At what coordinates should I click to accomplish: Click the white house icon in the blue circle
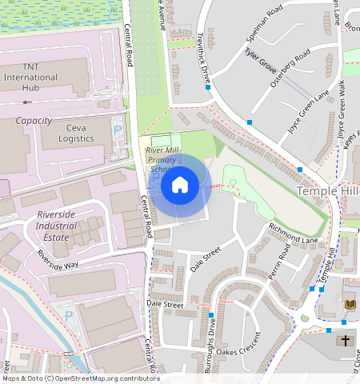(180, 185)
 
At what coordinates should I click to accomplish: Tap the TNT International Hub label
(31, 77)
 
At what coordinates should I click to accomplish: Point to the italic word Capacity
(34, 121)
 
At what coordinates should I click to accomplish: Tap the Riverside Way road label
(57, 258)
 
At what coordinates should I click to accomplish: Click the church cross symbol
(346, 341)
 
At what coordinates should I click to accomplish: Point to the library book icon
(349, 305)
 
